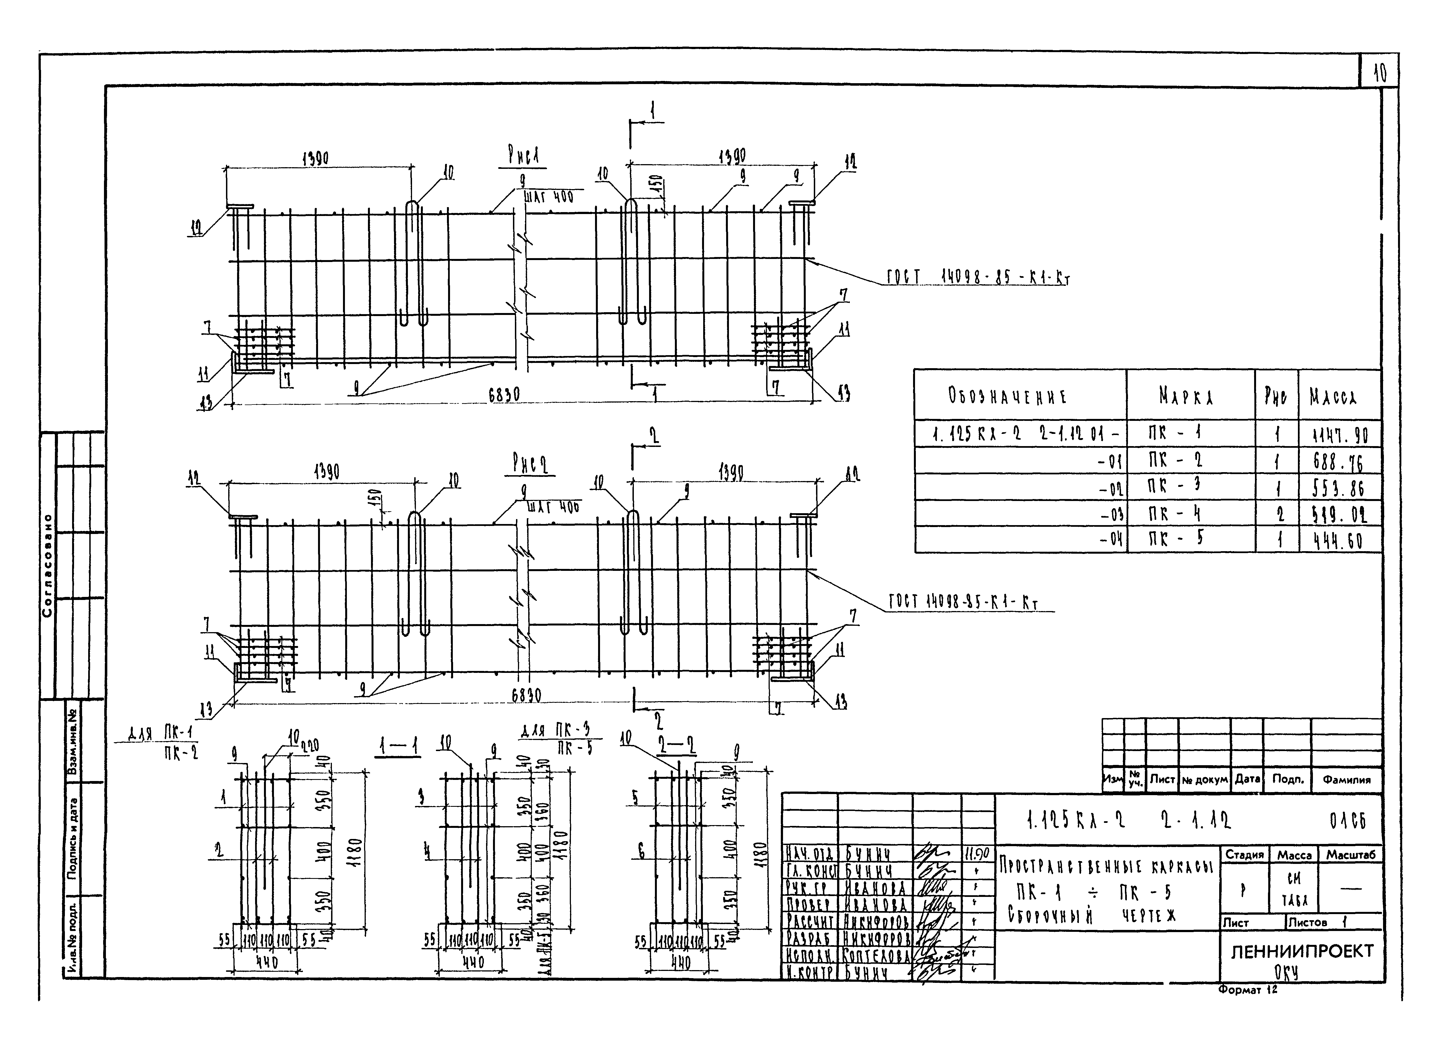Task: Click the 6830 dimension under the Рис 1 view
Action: click(504, 395)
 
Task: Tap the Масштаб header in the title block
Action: click(1350, 855)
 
